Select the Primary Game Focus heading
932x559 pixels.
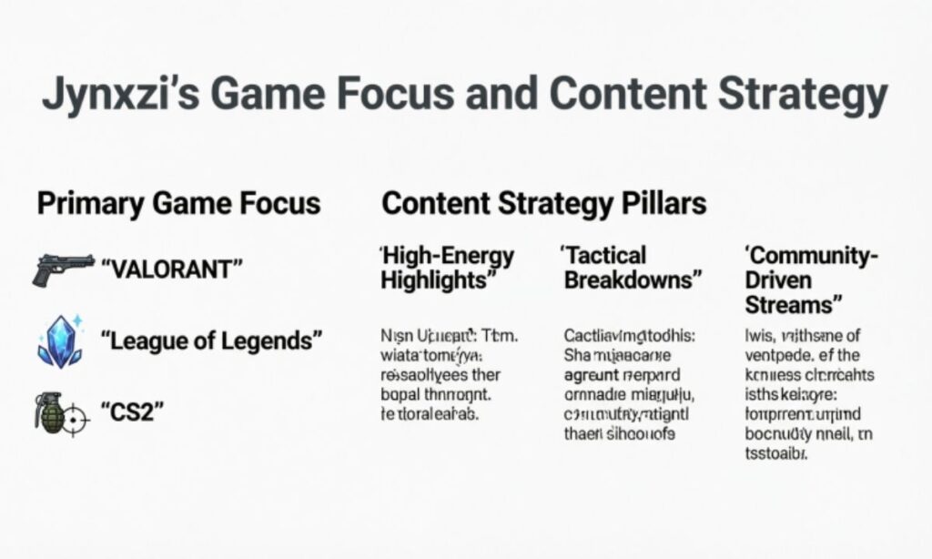178,203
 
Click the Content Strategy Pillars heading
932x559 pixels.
543,203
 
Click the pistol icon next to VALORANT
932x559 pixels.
63,269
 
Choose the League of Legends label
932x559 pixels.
211,342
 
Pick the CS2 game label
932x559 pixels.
134,412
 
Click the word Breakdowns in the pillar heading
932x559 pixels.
633,280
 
